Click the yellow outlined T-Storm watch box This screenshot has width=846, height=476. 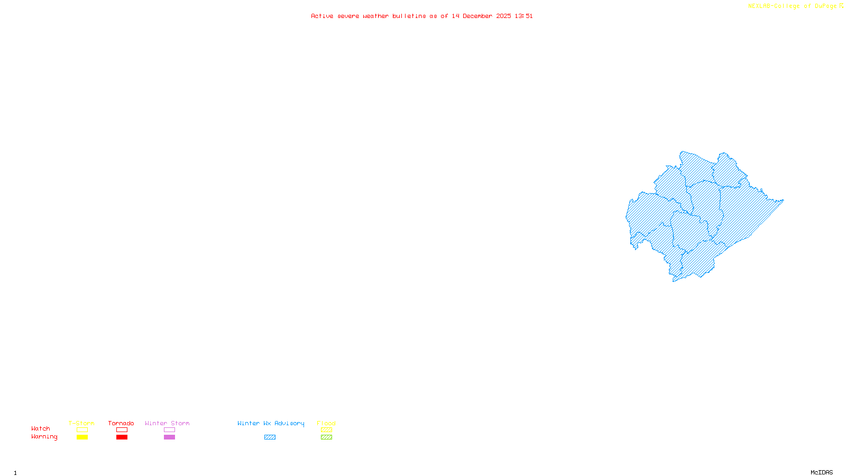tap(82, 430)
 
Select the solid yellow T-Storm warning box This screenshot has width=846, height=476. tap(82, 437)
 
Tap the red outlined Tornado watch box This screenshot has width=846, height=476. tap(122, 430)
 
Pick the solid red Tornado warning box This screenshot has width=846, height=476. tap(122, 437)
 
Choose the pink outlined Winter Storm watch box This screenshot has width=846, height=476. tap(169, 430)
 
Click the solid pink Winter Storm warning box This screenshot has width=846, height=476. tap(169, 437)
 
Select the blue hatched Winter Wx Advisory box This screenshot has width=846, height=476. tap(270, 437)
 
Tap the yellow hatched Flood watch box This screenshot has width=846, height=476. tap(326, 430)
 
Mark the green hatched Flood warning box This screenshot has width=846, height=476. tap(326, 437)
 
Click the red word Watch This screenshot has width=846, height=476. tap(41, 429)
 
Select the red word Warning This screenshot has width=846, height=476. tap(44, 437)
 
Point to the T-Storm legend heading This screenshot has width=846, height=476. tap(81, 423)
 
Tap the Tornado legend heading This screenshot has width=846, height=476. tap(121, 423)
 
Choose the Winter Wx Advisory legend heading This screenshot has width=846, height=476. tap(271, 423)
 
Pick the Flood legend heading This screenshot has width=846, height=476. tap(326, 423)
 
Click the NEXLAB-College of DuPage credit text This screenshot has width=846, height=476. tap(793, 6)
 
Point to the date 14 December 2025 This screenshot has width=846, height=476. tap(481, 16)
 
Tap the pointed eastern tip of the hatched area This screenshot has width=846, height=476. tap(783, 200)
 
